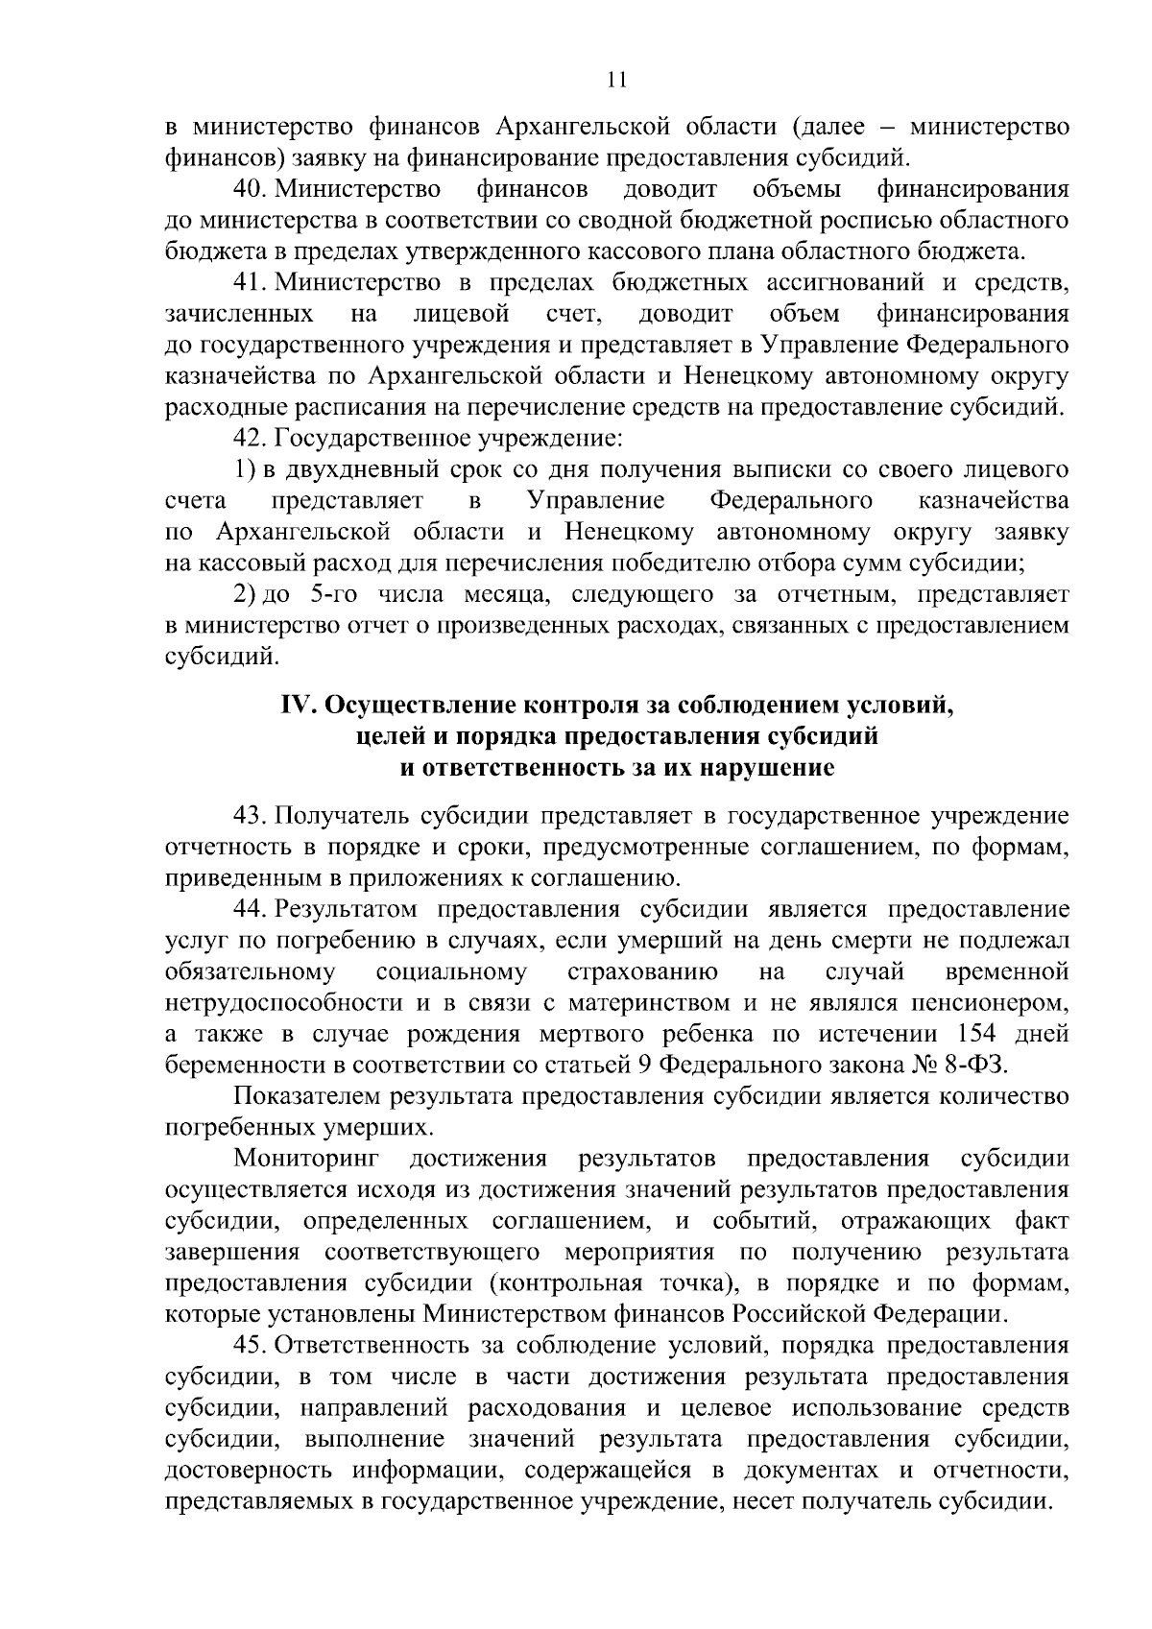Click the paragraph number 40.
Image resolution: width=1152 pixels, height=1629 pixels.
coord(250,188)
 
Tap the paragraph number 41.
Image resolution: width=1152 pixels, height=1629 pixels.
coord(250,282)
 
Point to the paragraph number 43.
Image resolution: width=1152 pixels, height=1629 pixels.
coord(250,815)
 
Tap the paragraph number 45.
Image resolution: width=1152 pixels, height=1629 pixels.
coord(250,1344)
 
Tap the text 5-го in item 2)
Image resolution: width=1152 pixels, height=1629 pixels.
coord(340,595)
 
